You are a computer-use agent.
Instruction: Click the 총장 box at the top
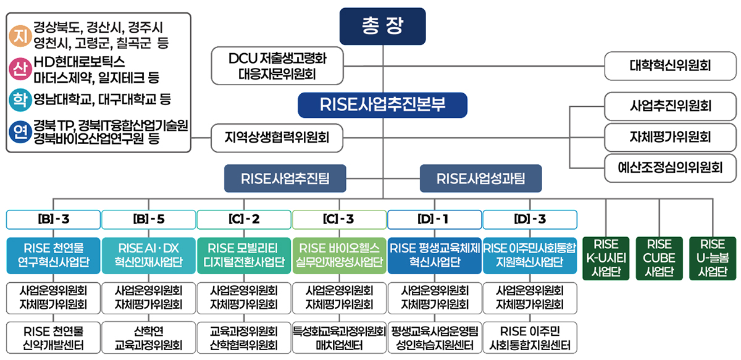(x=382, y=26)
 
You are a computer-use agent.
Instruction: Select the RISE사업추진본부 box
(x=382, y=105)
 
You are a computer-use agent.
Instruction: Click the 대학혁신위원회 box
(x=670, y=65)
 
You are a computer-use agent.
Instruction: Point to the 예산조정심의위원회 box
(x=670, y=167)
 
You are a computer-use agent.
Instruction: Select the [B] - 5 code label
(x=149, y=219)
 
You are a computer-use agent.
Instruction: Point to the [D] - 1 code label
(x=435, y=219)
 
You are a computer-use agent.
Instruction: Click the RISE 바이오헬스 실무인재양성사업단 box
(x=339, y=255)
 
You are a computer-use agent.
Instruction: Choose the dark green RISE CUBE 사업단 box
(x=660, y=258)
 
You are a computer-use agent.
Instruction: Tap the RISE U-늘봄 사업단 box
(x=713, y=258)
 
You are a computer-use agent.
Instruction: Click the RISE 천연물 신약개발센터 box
(x=54, y=337)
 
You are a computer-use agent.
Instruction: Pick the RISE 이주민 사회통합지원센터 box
(x=530, y=337)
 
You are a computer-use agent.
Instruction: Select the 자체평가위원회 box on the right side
(x=670, y=136)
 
